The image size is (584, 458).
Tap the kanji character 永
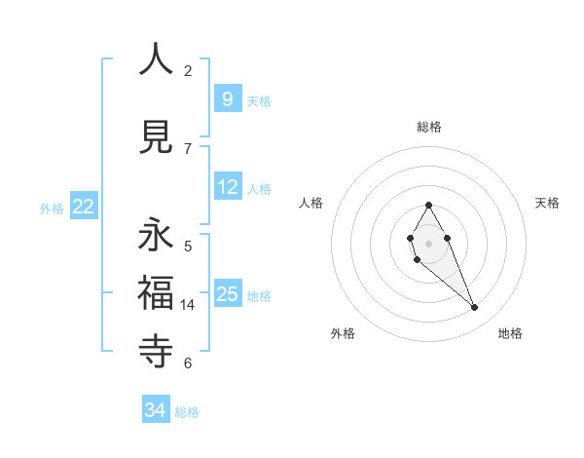[156, 235]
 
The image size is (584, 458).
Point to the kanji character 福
[156, 291]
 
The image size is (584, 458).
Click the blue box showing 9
[227, 98]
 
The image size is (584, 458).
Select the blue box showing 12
[227, 187]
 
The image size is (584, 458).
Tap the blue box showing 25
[227, 293]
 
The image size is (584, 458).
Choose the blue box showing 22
[83, 206]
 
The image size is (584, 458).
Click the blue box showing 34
[156, 410]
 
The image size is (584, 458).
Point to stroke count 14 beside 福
[188, 305]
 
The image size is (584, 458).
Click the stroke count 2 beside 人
[188, 71]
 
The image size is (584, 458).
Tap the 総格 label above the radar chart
[428, 127]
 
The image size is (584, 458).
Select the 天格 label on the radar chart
[547, 203]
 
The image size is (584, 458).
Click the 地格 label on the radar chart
[510, 333]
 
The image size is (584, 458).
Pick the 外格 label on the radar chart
[343, 333]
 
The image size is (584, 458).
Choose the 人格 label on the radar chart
[310, 203]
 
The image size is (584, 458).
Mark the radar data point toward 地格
[475, 308]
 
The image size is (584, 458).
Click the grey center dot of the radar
[428, 243]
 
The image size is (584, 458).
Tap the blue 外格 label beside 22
[52, 208]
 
